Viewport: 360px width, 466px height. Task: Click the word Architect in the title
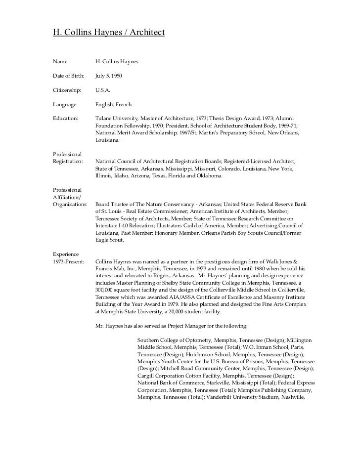(x=146, y=33)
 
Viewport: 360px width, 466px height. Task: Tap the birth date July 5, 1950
(x=108, y=76)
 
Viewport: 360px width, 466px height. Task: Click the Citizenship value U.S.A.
(x=103, y=90)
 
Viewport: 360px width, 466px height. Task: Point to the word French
(x=124, y=105)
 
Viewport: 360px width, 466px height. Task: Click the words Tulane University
(x=116, y=119)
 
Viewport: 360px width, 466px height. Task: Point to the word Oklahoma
(x=209, y=176)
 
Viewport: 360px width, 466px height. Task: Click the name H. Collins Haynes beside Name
(x=117, y=62)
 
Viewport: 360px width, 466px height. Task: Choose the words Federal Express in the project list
(x=296, y=383)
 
